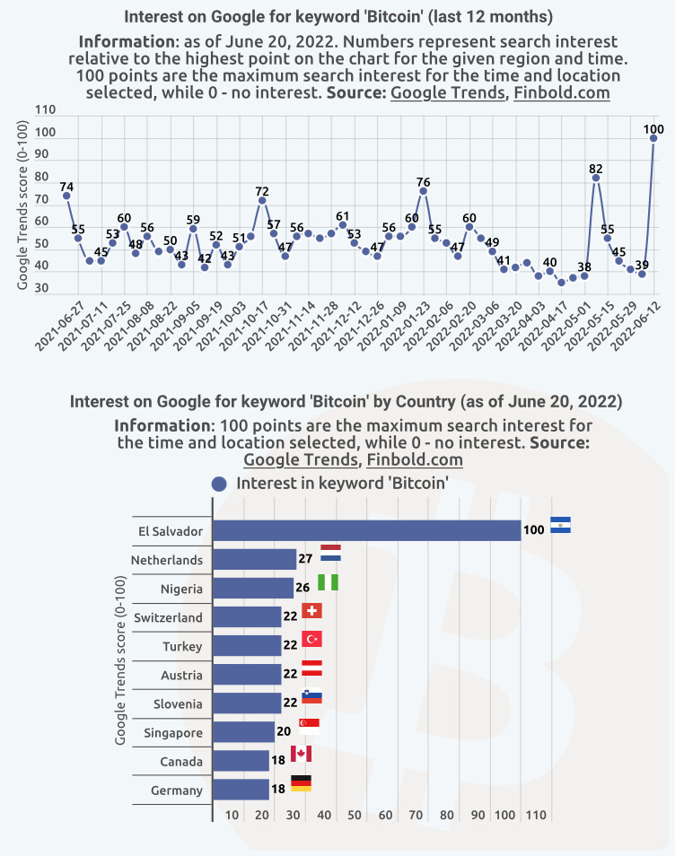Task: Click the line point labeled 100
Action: click(653, 138)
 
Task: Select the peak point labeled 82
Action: click(596, 178)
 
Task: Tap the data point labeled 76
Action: click(423, 191)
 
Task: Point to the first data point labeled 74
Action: click(66, 196)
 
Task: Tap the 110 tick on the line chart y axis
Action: click(45, 110)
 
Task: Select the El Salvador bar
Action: click(366, 530)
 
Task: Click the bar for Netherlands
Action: click(254, 560)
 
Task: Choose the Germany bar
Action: click(241, 790)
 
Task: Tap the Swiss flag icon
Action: click(312, 611)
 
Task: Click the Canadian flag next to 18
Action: click(301, 754)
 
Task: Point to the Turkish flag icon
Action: click(312, 640)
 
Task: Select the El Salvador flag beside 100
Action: click(560, 525)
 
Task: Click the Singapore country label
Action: click(173, 733)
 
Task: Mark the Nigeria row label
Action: click(182, 589)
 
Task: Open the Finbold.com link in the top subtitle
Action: click(562, 92)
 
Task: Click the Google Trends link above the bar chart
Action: click(301, 460)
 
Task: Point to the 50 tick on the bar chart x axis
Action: click(355, 815)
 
